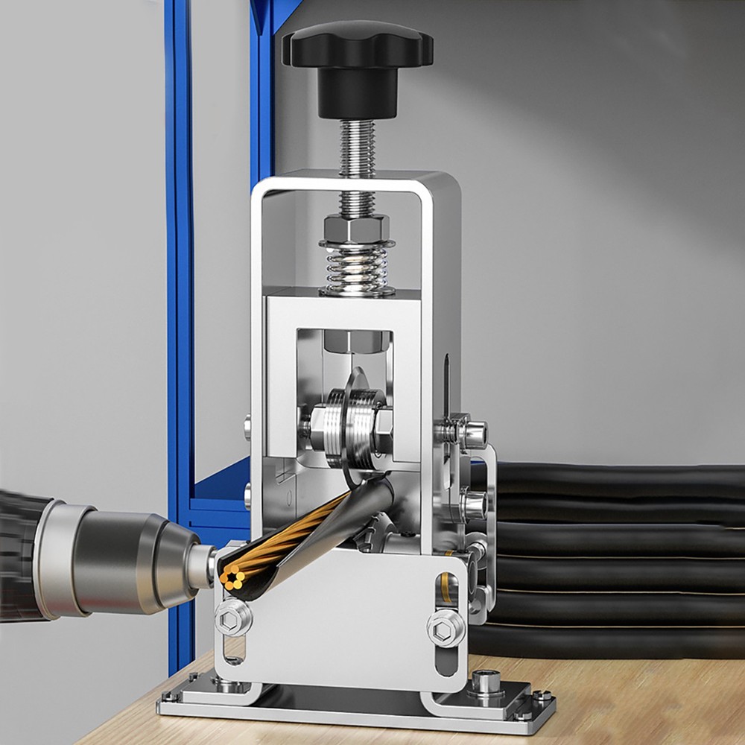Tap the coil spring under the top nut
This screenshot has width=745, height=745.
[357, 268]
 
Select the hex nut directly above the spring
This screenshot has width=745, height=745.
[357, 225]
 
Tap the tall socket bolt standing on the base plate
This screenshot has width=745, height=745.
[486, 682]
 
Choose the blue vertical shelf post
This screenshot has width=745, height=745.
[180, 298]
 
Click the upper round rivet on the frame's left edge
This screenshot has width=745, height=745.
[247, 427]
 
